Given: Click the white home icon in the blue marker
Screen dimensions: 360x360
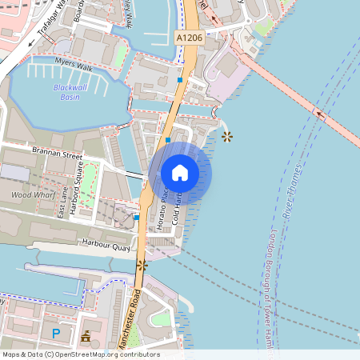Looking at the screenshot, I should coord(180,172).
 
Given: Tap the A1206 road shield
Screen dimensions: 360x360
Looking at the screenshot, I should coord(188,37).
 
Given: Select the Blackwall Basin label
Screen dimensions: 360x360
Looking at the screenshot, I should coord(71,91).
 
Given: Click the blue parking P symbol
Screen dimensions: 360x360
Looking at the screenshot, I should coord(55,333).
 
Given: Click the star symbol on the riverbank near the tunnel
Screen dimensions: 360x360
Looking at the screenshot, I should coord(228,137).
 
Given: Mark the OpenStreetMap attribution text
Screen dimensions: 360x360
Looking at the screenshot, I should coord(80,354).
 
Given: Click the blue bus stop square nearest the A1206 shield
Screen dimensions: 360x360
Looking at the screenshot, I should coord(179,80).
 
